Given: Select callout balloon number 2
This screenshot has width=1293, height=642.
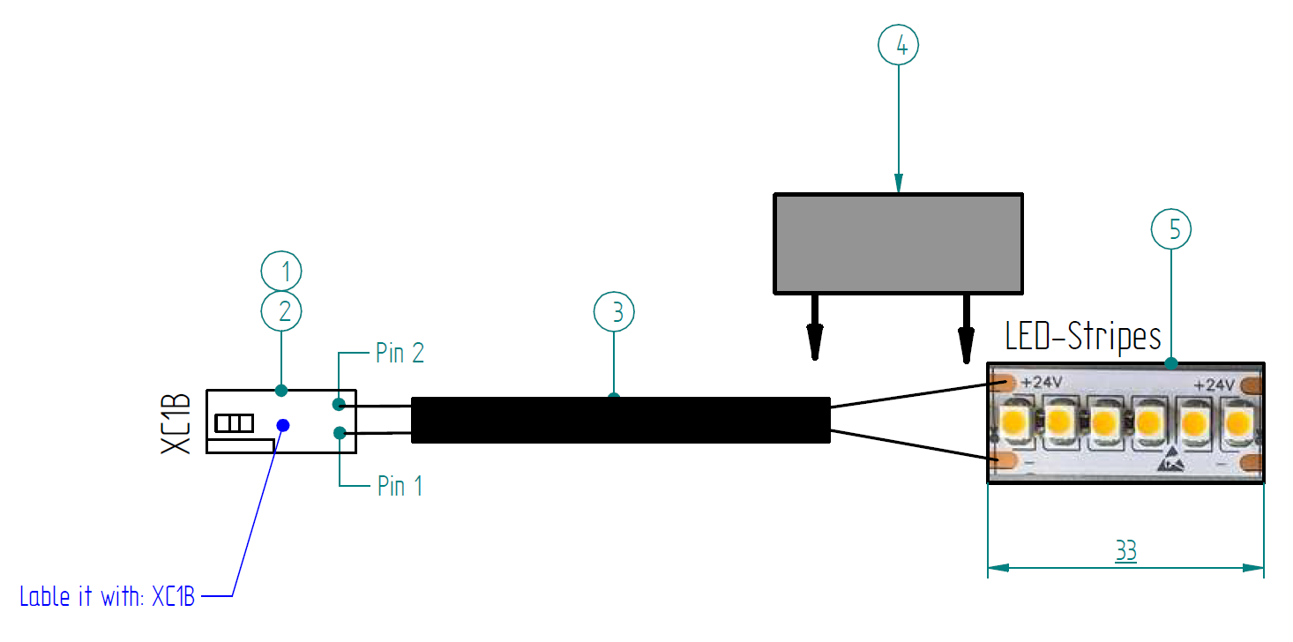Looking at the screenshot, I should [281, 310].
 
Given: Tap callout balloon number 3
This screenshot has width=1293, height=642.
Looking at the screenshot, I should [614, 311].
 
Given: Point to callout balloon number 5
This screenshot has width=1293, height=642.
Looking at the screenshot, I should [1171, 229].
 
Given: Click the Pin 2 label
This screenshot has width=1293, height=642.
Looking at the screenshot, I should [400, 354].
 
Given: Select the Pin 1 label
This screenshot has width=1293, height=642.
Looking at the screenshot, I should [400, 486].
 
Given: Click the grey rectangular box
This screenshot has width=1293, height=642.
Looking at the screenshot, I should [898, 243].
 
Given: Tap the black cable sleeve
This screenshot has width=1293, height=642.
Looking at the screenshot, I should [621, 420].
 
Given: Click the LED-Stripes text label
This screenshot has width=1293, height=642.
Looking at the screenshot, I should [1083, 337].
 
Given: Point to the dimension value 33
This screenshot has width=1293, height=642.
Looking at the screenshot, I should [1125, 552].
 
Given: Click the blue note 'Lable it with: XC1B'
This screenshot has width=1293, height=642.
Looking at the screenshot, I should [107, 596].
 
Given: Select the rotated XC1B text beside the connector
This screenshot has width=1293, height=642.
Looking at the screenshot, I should [176, 423].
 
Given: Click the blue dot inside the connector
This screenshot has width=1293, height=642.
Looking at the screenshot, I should [283, 425].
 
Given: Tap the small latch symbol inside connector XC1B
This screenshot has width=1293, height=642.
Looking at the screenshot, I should [235, 423].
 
